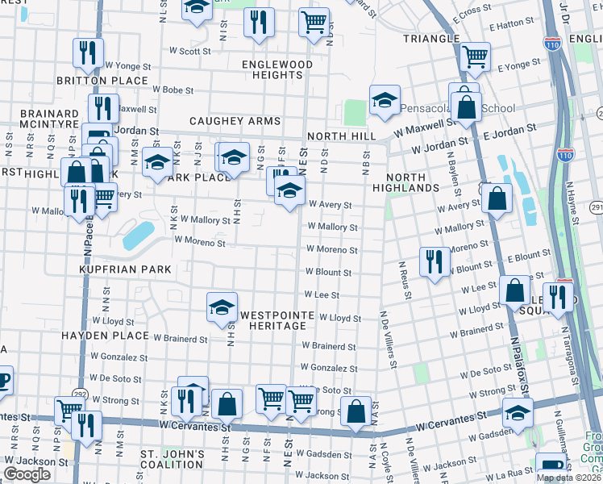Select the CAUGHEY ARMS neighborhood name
[x=235, y=121]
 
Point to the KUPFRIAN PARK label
[x=125, y=268]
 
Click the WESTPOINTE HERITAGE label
[x=273, y=319]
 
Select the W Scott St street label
[x=194, y=51]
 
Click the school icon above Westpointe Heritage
[x=222, y=307]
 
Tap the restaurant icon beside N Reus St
[x=435, y=261]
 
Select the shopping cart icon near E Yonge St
[x=476, y=56]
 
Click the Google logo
[x=27, y=474]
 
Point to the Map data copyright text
[x=568, y=478]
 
